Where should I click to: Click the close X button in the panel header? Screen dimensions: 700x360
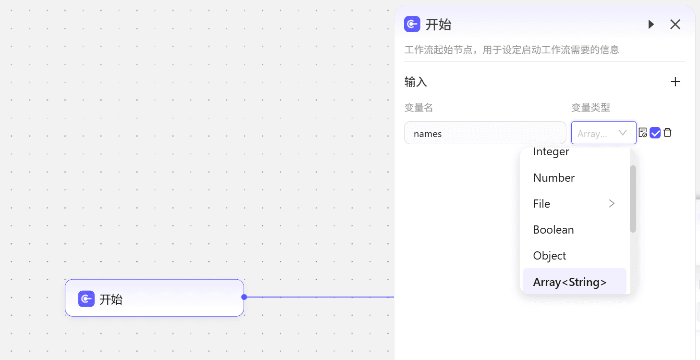pyautogui.click(x=675, y=25)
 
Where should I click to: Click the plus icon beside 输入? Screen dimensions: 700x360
pyautogui.click(x=675, y=82)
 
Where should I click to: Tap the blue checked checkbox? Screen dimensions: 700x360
pyautogui.click(x=655, y=133)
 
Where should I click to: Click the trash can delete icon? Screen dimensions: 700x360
pyautogui.click(x=667, y=133)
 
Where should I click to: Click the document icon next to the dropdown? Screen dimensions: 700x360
pyautogui.click(x=642, y=133)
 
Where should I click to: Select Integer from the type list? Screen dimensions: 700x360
pyautogui.click(x=551, y=152)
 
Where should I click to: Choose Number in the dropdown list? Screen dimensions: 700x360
pyautogui.click(x=554, y=178)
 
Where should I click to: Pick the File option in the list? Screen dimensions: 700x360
pyautogui.click(x=541, y=204)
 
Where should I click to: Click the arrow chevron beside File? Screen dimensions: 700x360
pyautogui.click(x=612, y=204)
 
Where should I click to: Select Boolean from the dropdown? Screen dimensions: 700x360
pyautogui.click(x=553, y=230)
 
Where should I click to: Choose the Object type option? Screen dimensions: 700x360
pyautogui.click(x=549, y=256)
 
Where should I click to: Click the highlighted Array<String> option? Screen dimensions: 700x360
pyautogui.click(x=570, y=282)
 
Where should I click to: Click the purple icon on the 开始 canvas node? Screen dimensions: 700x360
pyautogui.click(x=86, y=299)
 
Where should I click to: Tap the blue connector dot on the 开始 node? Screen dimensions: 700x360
pyautogui.click(x=245, y=297)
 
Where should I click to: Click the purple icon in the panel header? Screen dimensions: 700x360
pyautogui.click(x=412, y=24)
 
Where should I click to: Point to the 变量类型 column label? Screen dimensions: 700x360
pyautogui.click(x=590, y=108)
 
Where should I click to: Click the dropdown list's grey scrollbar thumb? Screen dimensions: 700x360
pyautogui.click(x=633, y=199)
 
